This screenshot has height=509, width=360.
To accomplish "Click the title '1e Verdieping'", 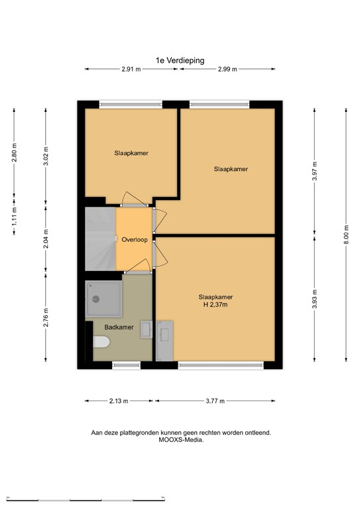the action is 180,60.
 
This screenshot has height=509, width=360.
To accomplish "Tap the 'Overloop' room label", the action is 135,240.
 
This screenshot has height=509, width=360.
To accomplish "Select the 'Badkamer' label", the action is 119,327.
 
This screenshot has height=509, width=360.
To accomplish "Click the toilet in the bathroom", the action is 101,342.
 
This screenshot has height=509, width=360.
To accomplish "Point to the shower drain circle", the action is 95,299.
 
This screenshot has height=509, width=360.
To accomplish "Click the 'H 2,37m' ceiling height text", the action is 215,305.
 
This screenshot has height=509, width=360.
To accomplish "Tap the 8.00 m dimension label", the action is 346,235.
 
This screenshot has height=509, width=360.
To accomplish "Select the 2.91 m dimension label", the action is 131,69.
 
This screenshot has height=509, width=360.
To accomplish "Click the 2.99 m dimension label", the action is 227,69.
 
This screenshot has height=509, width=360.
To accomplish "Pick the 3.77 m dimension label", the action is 215,401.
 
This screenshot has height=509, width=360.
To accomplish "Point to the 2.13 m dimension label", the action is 119,401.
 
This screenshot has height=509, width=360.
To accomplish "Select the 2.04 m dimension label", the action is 46,239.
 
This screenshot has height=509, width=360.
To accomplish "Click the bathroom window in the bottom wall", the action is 126,365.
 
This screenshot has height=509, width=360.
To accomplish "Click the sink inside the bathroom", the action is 147,329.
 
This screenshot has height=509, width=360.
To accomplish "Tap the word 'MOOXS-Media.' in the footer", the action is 181,440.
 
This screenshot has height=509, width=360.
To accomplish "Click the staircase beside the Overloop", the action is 100,239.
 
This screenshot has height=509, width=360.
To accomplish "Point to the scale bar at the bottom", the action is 86,499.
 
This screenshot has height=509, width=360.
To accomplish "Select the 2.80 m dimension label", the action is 14,152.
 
